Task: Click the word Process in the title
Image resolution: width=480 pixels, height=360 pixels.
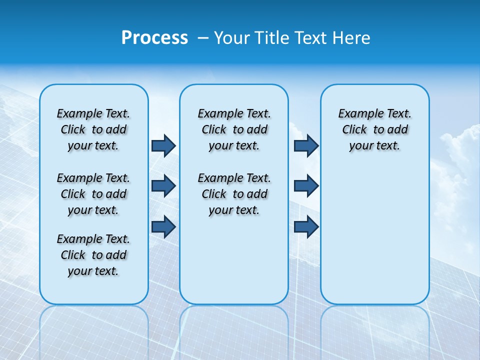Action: (x=154, y=38)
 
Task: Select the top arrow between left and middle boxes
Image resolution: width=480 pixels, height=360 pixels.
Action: (x=163, y=145)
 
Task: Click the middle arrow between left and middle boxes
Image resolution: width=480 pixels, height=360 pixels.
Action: (x=163, y=186)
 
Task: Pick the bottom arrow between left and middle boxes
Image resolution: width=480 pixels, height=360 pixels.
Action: (x=163, y=226)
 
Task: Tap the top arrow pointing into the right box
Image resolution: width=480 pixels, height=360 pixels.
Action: (x=306, y=145)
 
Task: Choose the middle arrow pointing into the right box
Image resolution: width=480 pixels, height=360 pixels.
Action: (x=306, y=186)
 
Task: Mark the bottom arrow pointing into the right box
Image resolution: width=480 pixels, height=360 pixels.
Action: (x=306, y=226)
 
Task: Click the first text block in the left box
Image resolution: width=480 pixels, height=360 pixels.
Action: (x=93, y=129)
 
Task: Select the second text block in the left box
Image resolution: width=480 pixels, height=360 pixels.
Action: (x=93, y=194)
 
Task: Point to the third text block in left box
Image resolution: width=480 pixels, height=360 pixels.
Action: (x=93, y=255)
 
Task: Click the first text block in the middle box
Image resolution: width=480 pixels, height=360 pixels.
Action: (x=234, y=129)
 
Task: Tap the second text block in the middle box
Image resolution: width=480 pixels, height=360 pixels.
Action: (x=234, y=194)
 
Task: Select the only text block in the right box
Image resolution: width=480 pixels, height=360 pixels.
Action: (x=375, y=129)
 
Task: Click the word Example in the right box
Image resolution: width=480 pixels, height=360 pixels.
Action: (x=357, y=114)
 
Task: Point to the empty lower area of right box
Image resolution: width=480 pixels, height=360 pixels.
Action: (x=375, y=240)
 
